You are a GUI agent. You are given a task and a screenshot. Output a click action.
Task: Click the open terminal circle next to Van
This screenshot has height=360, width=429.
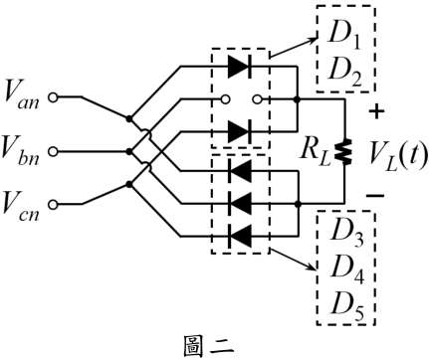click(53, 97)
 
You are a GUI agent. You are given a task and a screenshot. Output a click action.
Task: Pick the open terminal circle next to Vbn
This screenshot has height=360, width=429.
click(53, 151)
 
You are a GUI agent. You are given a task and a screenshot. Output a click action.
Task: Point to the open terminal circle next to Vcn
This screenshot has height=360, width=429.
click(53, 205)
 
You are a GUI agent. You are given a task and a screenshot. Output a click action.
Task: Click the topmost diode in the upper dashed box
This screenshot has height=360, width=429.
click(240, 67)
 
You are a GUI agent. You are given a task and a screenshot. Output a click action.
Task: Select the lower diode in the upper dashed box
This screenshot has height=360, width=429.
click(240, 131)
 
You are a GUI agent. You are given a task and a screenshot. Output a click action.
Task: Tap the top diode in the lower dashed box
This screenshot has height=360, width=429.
click(240, 171)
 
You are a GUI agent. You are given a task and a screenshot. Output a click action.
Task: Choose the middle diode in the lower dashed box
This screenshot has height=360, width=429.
click(240, 204)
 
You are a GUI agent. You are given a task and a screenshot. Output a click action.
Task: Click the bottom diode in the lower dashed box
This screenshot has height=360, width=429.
click(240, 236)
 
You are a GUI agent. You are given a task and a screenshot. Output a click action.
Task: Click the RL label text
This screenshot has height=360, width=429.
click(316, 153)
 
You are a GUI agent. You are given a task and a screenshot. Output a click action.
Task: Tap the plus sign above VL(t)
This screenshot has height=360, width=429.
click(376, 111)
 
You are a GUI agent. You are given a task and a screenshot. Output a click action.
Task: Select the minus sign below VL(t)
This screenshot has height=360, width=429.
click(375, 196)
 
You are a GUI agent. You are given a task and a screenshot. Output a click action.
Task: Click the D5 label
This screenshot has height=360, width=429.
click(347, 305)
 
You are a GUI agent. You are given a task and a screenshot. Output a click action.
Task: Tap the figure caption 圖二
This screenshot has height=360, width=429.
click(208, 347)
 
